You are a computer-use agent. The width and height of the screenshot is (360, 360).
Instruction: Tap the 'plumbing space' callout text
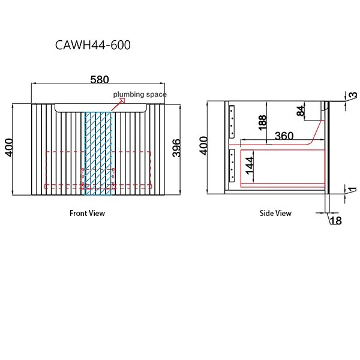(x=140, y=94)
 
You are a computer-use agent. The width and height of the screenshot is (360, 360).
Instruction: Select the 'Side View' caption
(x=275, y=213)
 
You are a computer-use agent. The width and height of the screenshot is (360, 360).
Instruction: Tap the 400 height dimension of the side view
(x=204, y=146)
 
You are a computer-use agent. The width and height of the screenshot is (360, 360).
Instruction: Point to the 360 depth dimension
(x=284, y=136)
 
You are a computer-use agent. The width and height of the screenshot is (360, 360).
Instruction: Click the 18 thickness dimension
(x=335, y=221)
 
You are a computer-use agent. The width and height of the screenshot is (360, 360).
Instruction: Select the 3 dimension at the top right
(x=353, y=95)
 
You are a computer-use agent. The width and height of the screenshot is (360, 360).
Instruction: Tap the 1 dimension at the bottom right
(x=353, y=190)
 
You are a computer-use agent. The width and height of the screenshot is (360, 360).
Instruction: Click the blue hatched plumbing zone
(x=98, y=153)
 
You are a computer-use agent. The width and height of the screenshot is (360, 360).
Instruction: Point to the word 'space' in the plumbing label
(x=155, y=94)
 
